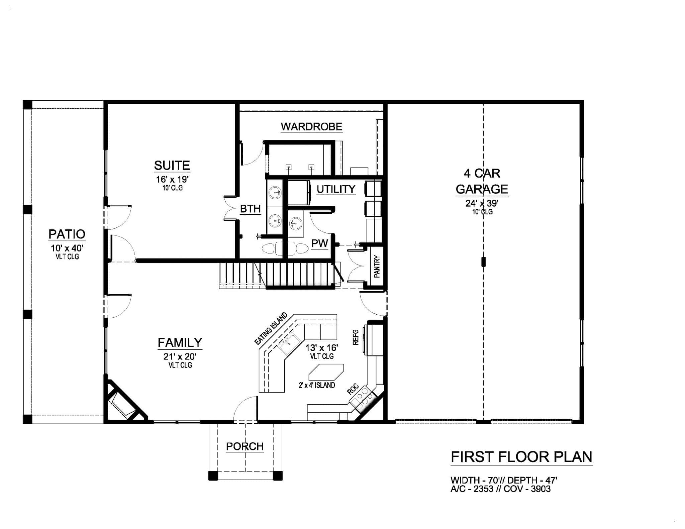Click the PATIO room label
click(67, 234)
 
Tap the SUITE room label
click(172, 166)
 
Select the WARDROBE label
click(311, 127)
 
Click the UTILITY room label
click(336, 189)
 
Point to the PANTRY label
click(377, 267)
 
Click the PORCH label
click(245, 446)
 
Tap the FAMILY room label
click(180, 343)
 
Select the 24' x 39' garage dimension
click(482, 203)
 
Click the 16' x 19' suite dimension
click(172, 179)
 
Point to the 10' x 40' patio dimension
click(67, 248)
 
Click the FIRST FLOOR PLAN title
click(521, 457)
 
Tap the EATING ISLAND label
click(271, 328)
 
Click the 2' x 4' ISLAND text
click(317, 385)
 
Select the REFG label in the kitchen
click(356, 337)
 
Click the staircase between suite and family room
click(280, 275)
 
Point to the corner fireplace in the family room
click(125, 401)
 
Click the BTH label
click(250, 209)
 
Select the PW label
click(320, 243)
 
